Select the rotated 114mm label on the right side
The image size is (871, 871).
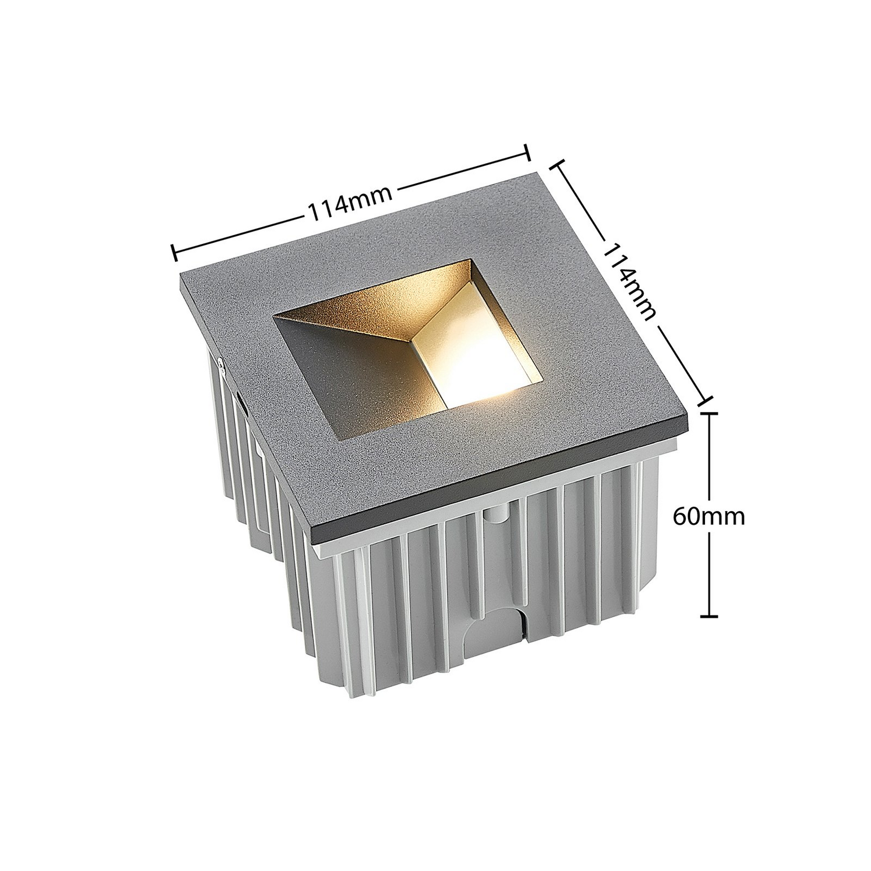point(631,280)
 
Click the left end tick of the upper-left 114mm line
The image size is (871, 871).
point(174,251)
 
